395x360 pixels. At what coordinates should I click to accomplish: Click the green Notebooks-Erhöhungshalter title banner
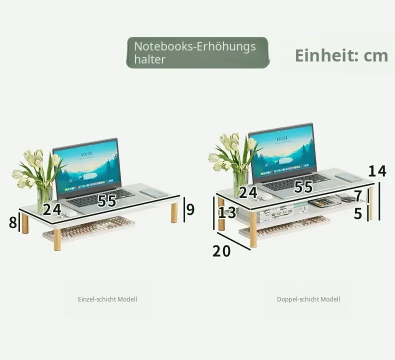coord(198,52)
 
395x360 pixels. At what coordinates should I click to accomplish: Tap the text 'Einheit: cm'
coord(341,55)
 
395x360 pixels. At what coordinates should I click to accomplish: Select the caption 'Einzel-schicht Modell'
coord(107,299)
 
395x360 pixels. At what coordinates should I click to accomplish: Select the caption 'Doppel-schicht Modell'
coord(308,299)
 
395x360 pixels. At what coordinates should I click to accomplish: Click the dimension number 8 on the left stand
coord(13,222)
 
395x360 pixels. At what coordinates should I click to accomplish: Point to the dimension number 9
coord(190,209)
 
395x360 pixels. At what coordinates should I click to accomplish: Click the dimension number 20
coord(221,251)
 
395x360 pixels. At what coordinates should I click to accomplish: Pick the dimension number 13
coord(227,212)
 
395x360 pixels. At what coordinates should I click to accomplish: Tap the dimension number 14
coord(377,171)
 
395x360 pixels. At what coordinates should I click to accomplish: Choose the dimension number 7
coord(358,196)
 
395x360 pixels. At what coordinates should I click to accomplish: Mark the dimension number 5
coord(357,213)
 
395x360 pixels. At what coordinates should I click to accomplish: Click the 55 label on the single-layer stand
coord(107,201)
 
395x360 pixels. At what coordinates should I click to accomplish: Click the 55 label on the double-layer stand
coord(303,186)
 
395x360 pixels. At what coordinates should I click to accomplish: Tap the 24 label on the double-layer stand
coord(248,192)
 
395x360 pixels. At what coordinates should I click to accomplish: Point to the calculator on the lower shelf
coord(324,202)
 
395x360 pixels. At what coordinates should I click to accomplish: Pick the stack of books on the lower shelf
coord(272,213)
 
